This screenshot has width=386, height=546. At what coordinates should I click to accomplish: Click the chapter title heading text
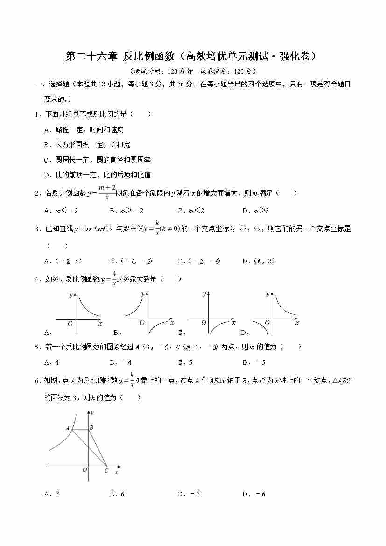(x=192, y=57)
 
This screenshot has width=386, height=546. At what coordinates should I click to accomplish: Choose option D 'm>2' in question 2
(x=255, y=211)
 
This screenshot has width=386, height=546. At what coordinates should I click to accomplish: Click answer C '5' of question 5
(x=185, y=362)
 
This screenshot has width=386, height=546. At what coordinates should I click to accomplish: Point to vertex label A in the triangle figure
(x=68, y=428)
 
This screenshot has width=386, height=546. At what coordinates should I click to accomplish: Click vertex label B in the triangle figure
(x=91, y=427)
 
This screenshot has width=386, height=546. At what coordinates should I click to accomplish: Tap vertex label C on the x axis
(x=106, y=471)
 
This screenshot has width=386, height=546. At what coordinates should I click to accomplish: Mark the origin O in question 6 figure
(x=84, y=470)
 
